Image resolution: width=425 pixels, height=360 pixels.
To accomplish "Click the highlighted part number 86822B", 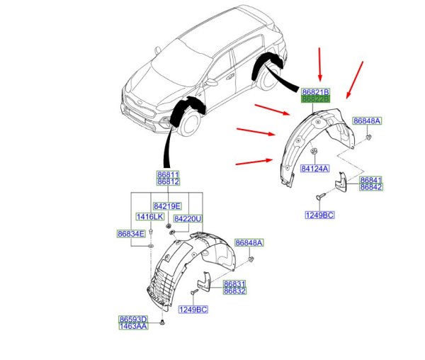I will [314, 101].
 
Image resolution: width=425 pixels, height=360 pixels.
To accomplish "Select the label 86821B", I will [314, 93].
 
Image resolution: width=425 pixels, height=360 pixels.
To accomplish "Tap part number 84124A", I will [314, 169].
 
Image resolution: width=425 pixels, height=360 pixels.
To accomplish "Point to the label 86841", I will [370, 179].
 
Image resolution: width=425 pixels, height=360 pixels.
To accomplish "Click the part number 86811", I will [168, 174].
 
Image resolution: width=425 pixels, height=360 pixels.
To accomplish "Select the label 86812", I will [168, 181].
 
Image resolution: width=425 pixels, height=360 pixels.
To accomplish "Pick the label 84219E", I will [168, 206].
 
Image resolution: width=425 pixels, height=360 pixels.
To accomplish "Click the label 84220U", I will [187, 219].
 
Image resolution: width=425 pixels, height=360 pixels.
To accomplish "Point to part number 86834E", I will [131, 234].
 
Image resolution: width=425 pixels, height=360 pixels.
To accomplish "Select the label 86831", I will [234, 283].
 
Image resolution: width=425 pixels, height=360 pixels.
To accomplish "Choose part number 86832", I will [234, 291].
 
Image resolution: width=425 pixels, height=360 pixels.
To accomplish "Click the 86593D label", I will [133, 319].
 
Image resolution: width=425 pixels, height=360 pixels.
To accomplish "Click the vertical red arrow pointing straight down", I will [319, 64].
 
